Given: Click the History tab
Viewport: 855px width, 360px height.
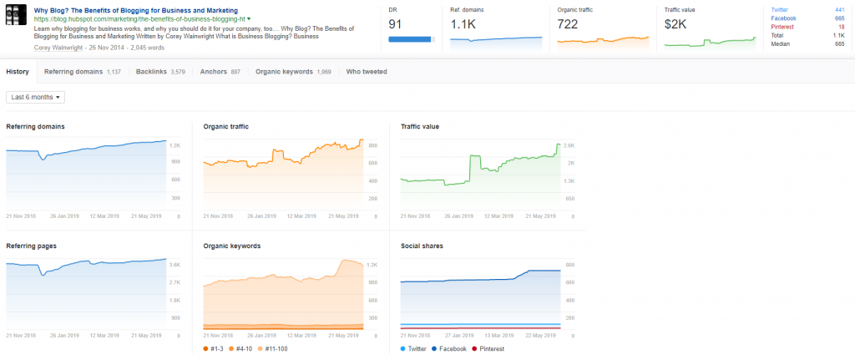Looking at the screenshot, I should coord(18,72).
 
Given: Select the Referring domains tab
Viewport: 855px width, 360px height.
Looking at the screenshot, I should coord(82,72).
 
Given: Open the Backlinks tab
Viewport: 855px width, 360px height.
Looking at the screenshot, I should coord(160,72).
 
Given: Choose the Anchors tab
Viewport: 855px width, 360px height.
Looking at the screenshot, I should coord(220,72).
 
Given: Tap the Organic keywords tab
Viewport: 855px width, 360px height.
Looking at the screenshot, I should coord(293,72).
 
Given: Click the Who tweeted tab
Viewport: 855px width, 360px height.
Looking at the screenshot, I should coord(366,72).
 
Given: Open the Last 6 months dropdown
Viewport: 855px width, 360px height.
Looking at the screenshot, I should coord(35,97).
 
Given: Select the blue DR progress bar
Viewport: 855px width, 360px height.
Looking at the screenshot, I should coord(411,38).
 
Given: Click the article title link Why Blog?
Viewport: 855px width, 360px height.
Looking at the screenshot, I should coord(135,10).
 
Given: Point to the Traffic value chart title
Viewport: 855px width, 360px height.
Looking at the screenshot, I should coord(419,127).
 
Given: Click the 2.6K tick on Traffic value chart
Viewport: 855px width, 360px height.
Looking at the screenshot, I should coord(569,145).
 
